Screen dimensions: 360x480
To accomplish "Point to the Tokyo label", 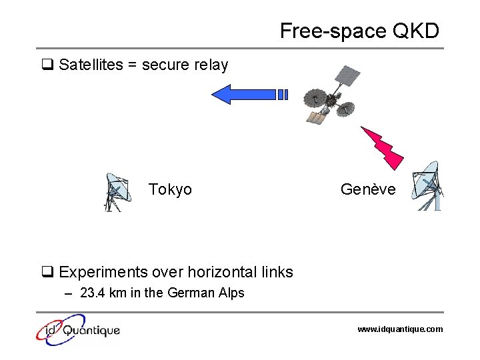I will [170, 190].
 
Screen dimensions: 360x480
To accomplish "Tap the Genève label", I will [368, 190].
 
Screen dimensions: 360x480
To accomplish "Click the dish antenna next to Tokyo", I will [115, 192].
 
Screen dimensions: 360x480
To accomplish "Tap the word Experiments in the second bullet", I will [103, 272].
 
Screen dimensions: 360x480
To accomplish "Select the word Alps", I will [231, 293].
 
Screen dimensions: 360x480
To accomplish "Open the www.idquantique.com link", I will [400, 329].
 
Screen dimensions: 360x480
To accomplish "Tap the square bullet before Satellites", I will [47, 65].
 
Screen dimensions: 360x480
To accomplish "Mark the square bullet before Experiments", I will [47, 272].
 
